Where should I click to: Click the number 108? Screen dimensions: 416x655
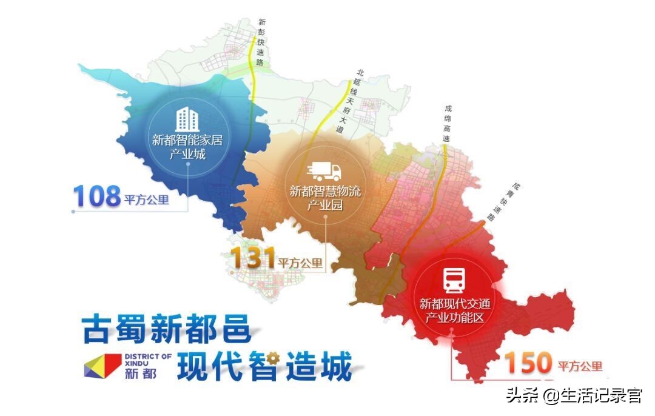97,196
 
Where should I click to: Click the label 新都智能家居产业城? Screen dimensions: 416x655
187,147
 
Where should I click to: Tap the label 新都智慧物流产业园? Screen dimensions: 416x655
324,198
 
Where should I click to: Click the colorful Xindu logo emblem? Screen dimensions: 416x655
104,365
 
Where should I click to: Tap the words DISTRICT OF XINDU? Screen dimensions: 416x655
146,359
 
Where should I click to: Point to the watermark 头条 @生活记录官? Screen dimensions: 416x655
574,396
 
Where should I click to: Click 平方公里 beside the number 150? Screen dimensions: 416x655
580,366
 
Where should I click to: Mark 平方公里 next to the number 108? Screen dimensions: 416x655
147,200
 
